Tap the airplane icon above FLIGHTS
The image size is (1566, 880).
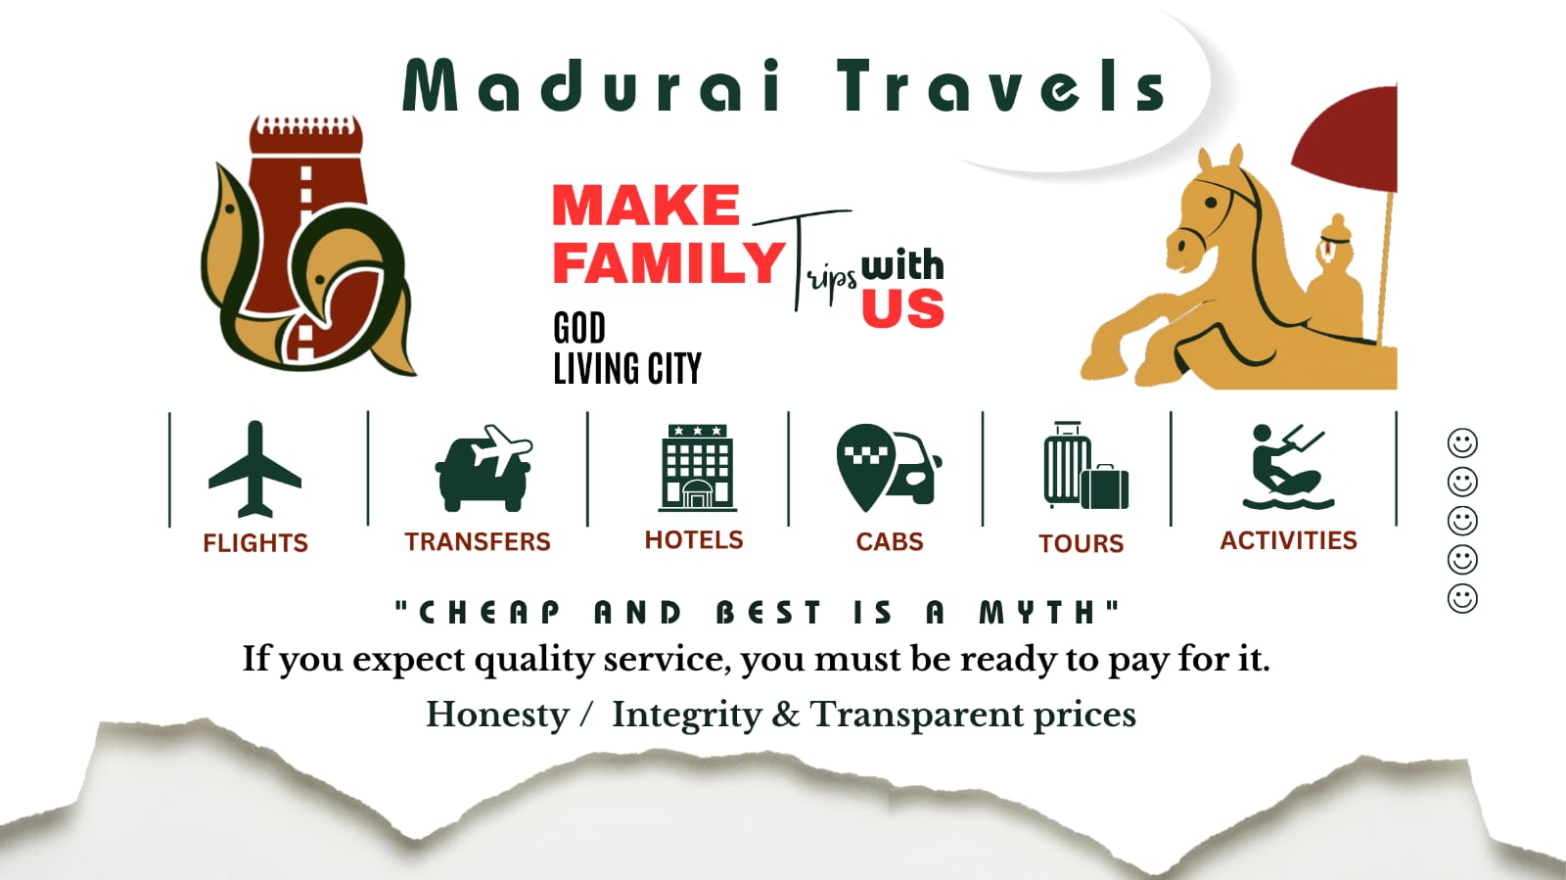(x=255, y=469)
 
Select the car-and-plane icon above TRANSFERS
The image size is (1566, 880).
(x=484, y=468)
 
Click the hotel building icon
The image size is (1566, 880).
(x=697, y=468)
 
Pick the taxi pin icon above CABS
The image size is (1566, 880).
(x=889, y=468)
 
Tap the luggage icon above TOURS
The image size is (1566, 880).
(x=1085, y=466)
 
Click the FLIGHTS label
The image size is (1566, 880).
(x=255, y=543)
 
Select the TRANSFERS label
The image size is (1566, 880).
(x=478, y=541)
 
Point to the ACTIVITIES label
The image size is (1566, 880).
(x=1288, y=540)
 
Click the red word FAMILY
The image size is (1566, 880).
(x=669, y=262)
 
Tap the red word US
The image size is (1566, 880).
(x=902, y=307)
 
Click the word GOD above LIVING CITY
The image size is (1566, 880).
(x=579, y=328)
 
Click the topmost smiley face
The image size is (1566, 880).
(x=1462, y=443)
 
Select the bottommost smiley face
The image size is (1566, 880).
(x=1462, y=598)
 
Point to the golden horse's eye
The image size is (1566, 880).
(x=1211, y=203)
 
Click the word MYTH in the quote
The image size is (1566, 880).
(x=1036, y=613)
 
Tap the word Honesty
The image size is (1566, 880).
(x=498, y=716)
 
